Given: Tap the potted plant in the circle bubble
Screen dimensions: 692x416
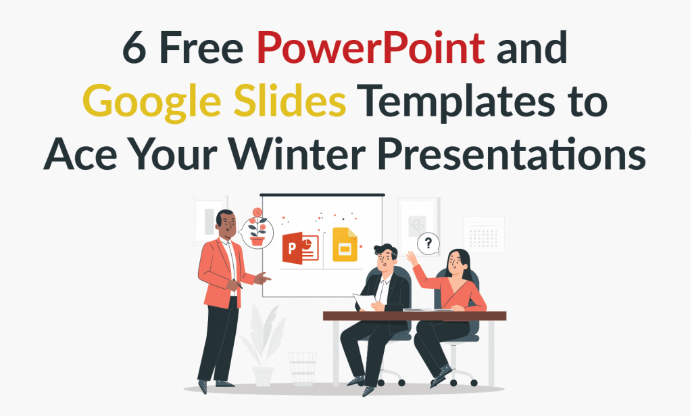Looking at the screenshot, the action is click(x=257, y=228).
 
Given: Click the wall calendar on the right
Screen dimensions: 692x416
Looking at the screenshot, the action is click(x=483, y=234).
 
